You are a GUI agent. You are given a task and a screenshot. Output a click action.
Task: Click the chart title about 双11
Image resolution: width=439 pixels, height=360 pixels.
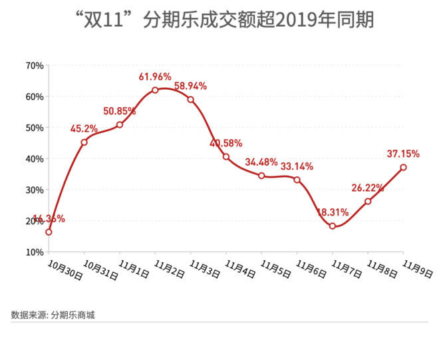[x=219, y=20]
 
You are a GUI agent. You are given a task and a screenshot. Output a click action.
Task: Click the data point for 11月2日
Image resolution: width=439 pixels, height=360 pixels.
[x=155, y=90]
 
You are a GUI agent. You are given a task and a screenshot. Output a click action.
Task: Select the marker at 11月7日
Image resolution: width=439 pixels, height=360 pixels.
[x=333, y=226]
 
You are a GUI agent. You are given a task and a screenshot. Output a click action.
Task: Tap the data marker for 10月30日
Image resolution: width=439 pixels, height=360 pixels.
[x=49, y=232]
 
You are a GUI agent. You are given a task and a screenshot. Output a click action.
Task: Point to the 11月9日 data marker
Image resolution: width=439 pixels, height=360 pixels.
[x=404, y=167]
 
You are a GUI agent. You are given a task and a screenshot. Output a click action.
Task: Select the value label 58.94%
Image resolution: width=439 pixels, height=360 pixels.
[x=191, y=86]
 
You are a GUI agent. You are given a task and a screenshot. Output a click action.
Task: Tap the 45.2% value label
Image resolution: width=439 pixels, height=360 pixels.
[x=84, y=128]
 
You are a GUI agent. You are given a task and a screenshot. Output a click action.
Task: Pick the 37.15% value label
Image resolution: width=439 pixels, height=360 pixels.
[x=403, y=154]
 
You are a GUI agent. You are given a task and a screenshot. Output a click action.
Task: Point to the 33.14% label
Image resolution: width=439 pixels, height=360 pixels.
[x=297, y=166]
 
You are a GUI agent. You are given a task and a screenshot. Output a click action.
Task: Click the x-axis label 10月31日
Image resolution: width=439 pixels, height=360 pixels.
[x=100, y=269]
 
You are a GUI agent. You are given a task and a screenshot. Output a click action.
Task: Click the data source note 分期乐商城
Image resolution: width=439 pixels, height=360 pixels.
[x=53, y=315]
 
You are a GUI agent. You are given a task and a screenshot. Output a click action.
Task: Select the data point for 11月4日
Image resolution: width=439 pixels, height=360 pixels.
[x=226, y=157]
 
